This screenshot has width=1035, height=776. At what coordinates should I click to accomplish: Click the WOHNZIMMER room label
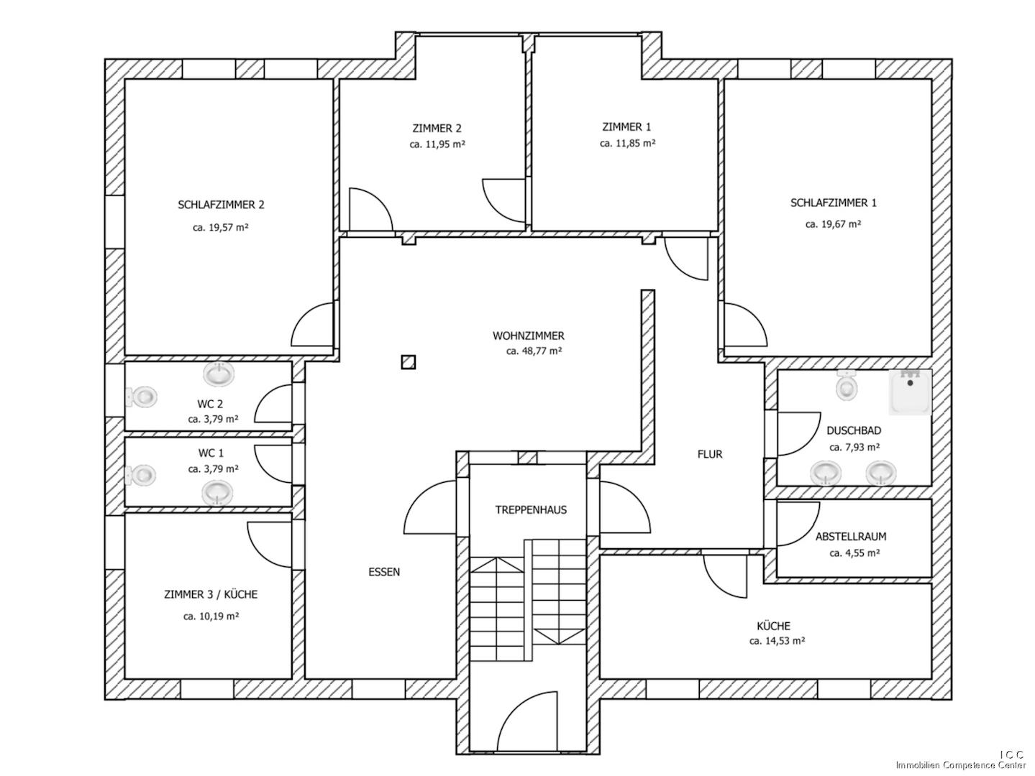pyautogui.click(x=528, y=336)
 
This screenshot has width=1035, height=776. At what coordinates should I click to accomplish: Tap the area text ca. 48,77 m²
pyautogui.click(x=534, y=351)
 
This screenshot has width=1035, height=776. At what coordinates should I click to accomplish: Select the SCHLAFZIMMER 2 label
pyautogui.click(x=221, y=205)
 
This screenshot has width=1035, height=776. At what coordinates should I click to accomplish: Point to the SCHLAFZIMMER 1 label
pyautogui.click(x=833, y=203)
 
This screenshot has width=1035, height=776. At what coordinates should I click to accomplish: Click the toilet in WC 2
pyautogui.click(x=143, y=396)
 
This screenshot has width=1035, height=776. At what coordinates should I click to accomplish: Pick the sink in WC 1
pyautogui.click(x=217, y=492)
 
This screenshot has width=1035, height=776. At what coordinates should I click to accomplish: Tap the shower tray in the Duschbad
pyautogui.click(x=911, y=392)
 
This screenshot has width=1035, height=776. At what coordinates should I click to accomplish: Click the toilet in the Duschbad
pyautogui.click(x=847, y=387)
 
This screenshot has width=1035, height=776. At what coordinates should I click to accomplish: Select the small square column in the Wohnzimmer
pyautogui.click(x=409, y=362)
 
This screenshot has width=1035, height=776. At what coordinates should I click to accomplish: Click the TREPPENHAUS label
pyautogui.click(x=531, y=510)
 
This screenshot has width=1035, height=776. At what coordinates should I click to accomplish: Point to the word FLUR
pyautogui.click(x=709, y=454)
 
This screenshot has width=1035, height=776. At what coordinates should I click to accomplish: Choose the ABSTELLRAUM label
pyautogui.click(x=850, y=537)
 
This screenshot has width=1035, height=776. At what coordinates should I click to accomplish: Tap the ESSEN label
pyautogui.click(x=384, y=572)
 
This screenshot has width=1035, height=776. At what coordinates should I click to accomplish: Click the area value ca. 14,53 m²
pyautogui.click(x=777, y=641)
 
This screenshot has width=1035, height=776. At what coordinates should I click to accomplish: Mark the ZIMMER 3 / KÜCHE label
pyautogui.click(x=211, y=595)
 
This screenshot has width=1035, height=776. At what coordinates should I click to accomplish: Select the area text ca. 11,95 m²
pyautogui.click(x=437, y=144)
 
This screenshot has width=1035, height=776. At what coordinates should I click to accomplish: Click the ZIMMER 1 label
pyautogui.click(x=626, y=127)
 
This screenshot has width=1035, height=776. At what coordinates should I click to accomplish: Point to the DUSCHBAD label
pyautogui.click(x=854, y=431)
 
